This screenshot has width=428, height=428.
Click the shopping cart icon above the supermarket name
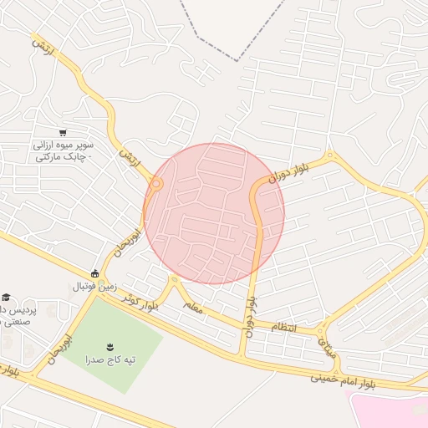(x=63, y=133)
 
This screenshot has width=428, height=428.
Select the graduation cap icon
(x=7, y=298)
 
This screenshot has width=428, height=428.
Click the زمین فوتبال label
(x=84, y=287)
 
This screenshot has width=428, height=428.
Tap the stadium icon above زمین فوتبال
(x=94, y=273)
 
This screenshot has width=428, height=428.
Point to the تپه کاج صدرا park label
(x=109, y=360)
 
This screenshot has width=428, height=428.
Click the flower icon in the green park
(x=110, y=346)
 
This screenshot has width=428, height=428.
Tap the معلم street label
(x=193, y=309)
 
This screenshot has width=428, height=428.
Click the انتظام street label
(x=283, y=326)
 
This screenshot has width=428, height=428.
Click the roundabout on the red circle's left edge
(x=156, y=182)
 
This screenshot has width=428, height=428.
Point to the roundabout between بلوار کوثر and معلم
(x=174, y=279)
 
